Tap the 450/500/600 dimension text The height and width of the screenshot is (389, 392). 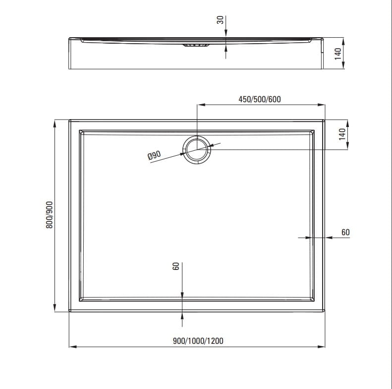259,99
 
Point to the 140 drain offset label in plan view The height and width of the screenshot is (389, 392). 341,134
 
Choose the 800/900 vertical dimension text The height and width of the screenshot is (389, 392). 49,215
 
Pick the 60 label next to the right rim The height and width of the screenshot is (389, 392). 345,232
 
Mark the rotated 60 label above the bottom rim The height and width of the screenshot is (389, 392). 175,266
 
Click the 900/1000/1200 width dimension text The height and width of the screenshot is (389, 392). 198,340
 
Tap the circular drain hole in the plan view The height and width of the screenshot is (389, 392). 197,149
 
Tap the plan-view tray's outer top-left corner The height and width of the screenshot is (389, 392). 69,120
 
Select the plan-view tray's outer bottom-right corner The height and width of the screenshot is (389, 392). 325,311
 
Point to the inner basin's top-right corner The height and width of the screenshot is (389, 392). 314,130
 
